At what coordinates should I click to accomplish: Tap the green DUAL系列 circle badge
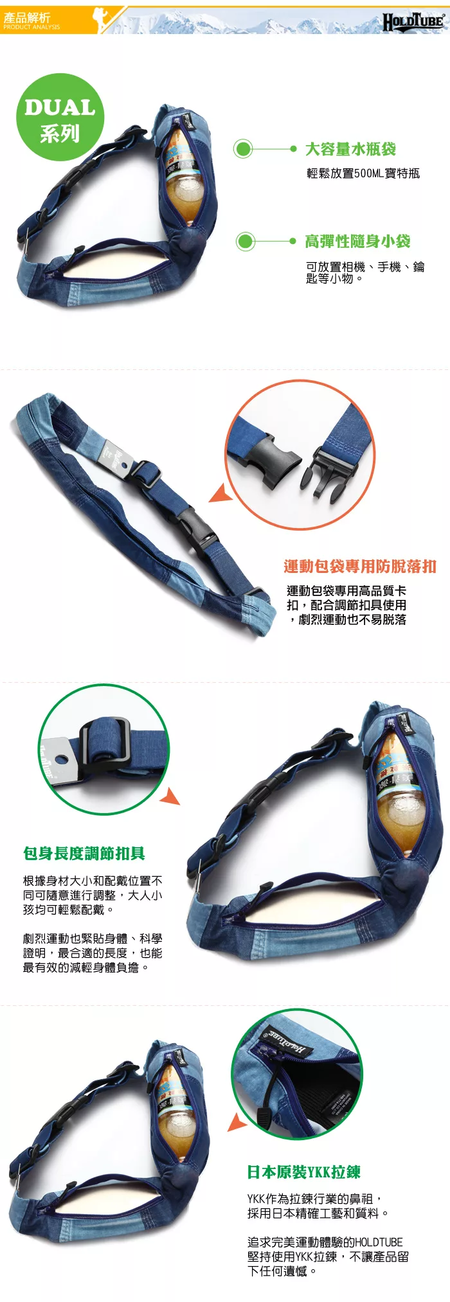point(60,118)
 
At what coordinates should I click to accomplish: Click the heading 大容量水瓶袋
point(350,149)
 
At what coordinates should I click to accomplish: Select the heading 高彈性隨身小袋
point(357,242)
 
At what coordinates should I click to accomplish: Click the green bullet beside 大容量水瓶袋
point(243,149)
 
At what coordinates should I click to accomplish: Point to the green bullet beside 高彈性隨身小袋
point(245,242)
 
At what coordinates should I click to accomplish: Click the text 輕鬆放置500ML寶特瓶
point(363,173)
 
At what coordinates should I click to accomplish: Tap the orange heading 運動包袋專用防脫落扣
point(360,566)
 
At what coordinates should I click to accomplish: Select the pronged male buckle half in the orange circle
point(328,473)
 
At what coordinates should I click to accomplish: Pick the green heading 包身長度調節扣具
point(84,853)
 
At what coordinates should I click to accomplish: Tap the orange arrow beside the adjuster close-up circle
point(170,796)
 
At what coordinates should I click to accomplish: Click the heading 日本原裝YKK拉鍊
point(303,1172)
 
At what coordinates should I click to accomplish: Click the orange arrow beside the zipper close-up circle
point(237,1122)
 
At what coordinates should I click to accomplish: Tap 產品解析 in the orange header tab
point(26,17)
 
